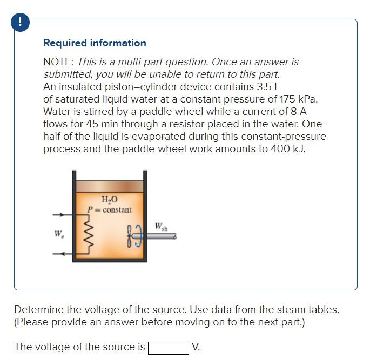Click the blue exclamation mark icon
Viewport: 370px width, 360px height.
21,22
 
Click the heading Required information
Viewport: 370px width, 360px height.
95,43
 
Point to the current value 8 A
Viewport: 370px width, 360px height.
299,112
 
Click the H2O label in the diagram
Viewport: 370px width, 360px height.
109,200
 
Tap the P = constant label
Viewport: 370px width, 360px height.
109,209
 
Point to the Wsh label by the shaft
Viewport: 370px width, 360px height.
162,227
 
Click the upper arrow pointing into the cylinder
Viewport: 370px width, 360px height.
58,215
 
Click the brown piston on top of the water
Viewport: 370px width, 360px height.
110,186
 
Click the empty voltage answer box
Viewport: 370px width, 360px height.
168,348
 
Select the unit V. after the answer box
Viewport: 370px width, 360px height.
196,347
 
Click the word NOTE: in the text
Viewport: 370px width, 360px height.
58,62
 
